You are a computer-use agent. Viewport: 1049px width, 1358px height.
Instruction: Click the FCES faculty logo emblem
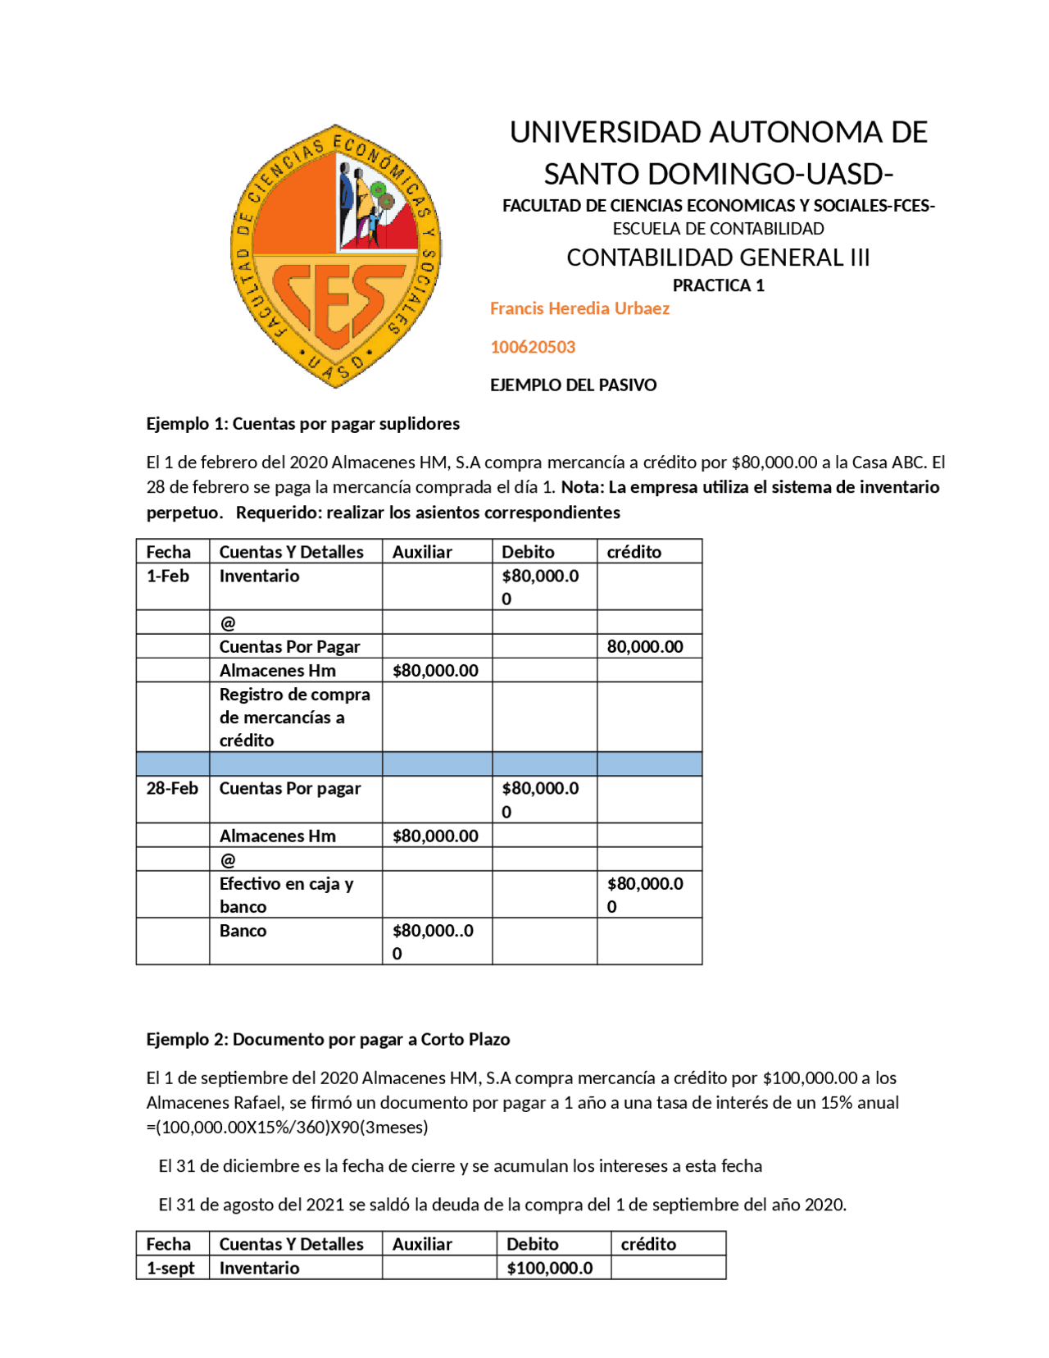pos(335,255)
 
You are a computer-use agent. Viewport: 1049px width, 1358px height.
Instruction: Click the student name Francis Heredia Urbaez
pos(579,308)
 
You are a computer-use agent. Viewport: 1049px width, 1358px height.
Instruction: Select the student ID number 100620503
pos(533,347)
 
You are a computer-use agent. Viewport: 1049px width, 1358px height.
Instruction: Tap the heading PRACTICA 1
pos(718,285)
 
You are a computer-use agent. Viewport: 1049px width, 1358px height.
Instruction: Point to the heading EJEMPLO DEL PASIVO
pos(573,385)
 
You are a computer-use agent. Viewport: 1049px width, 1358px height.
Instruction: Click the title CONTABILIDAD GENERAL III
pos(718,257)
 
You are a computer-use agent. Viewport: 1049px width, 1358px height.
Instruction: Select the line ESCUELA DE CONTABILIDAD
pos(718,229)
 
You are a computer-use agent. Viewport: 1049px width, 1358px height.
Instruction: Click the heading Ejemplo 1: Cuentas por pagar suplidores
pos(302,423)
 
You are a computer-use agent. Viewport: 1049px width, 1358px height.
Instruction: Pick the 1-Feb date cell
pos(168,576)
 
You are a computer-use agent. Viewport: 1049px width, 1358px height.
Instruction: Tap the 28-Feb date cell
pos(172,788)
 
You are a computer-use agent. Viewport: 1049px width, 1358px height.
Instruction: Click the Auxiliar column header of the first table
pos(422,552)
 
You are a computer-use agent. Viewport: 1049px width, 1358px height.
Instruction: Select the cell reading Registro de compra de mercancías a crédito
pos(294,717)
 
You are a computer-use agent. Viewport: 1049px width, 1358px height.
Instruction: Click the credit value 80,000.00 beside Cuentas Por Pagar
pos(644,646)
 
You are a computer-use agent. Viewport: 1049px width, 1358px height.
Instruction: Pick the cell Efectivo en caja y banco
pos(287,895)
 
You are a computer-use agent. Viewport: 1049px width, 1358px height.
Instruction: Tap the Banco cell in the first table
pos(243,931)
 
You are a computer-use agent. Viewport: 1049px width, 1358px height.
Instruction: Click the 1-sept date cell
pos(170,1268)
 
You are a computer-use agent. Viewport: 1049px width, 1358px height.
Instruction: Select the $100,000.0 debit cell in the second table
pos(549,1268)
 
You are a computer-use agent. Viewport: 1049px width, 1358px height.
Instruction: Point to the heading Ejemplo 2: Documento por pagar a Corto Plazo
pos(328,1039)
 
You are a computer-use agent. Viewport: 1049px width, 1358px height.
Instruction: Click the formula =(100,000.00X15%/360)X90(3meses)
pos(287,1127)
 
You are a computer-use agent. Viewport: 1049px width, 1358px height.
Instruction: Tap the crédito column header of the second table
pos(648,1244)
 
